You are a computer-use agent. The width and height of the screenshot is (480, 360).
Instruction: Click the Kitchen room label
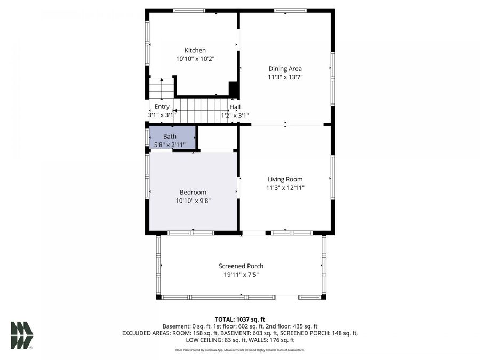(x=195, y=50)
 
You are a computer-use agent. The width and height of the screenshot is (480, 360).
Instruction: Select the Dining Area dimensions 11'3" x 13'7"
(x=285, y=77)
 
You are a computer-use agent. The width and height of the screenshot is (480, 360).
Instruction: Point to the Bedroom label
(x=193, y=192)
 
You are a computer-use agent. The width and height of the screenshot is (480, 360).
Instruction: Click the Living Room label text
(x=285, y=179)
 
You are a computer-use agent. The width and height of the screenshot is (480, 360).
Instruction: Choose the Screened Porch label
(x=241, y=266)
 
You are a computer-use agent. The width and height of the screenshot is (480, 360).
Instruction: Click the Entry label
(x=162, y=107)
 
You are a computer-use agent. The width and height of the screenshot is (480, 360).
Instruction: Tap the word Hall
(x=235, y=107)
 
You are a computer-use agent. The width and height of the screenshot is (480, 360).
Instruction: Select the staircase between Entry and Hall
(x=201, y=110)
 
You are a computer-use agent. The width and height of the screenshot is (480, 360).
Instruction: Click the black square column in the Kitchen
(x=233, y=89)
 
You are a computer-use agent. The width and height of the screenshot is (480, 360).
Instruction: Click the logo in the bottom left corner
(x=21, y=335)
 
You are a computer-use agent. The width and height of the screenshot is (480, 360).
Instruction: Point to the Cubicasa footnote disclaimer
(x=240, y=350)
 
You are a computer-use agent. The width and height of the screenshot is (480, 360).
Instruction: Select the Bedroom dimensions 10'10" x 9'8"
(x=193, y=201)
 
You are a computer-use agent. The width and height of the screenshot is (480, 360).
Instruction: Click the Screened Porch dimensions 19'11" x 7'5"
(x=241, y=275)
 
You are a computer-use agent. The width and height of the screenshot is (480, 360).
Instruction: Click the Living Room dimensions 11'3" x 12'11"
(x=285, y=188)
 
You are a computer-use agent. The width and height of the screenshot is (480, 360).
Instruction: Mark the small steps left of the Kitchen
(x=161, y=89)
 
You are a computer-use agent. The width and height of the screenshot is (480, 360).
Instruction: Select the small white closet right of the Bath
(x=218, y=138)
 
